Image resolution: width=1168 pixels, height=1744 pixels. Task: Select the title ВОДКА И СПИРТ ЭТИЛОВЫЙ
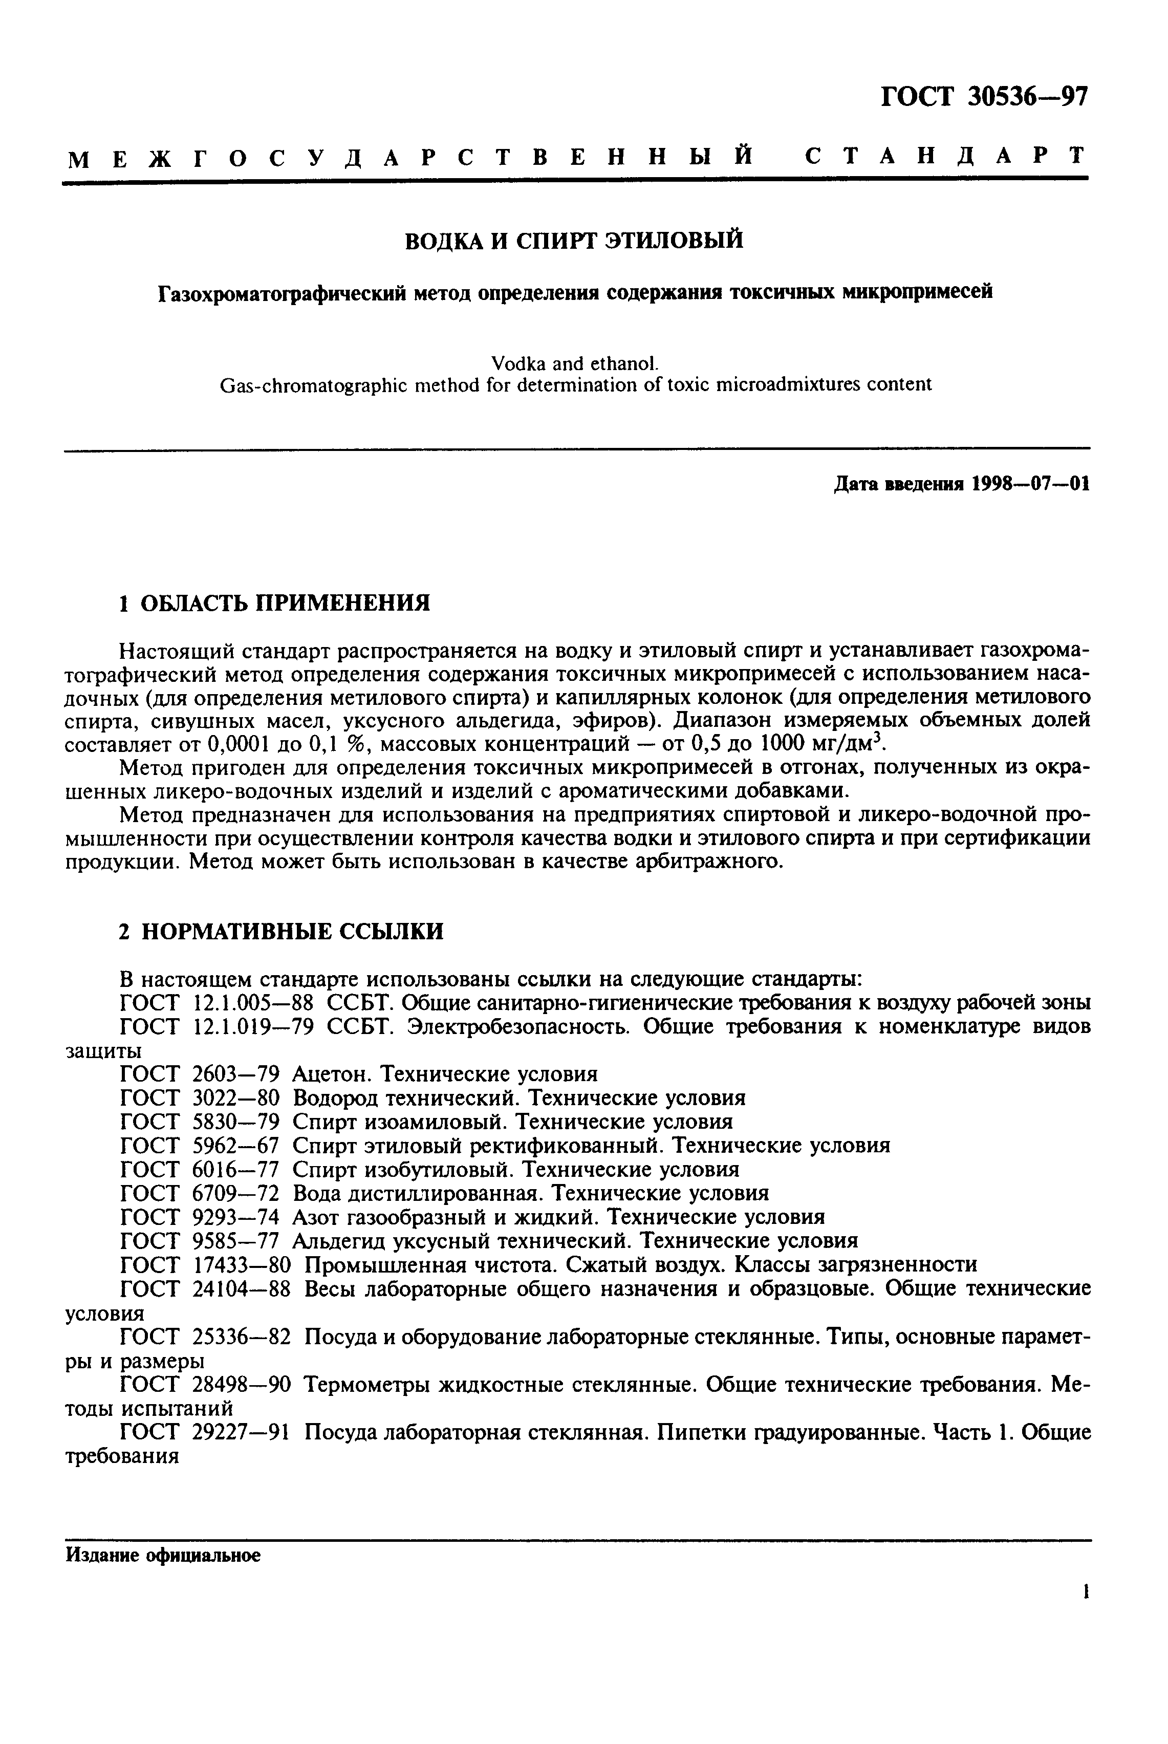pos(574,241)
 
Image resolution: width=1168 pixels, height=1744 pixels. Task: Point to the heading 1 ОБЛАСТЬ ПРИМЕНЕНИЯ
pos(275,602)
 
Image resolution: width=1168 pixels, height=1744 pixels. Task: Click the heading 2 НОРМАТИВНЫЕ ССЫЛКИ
pos(281,931)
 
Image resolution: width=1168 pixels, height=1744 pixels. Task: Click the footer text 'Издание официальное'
pos(163,1556)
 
